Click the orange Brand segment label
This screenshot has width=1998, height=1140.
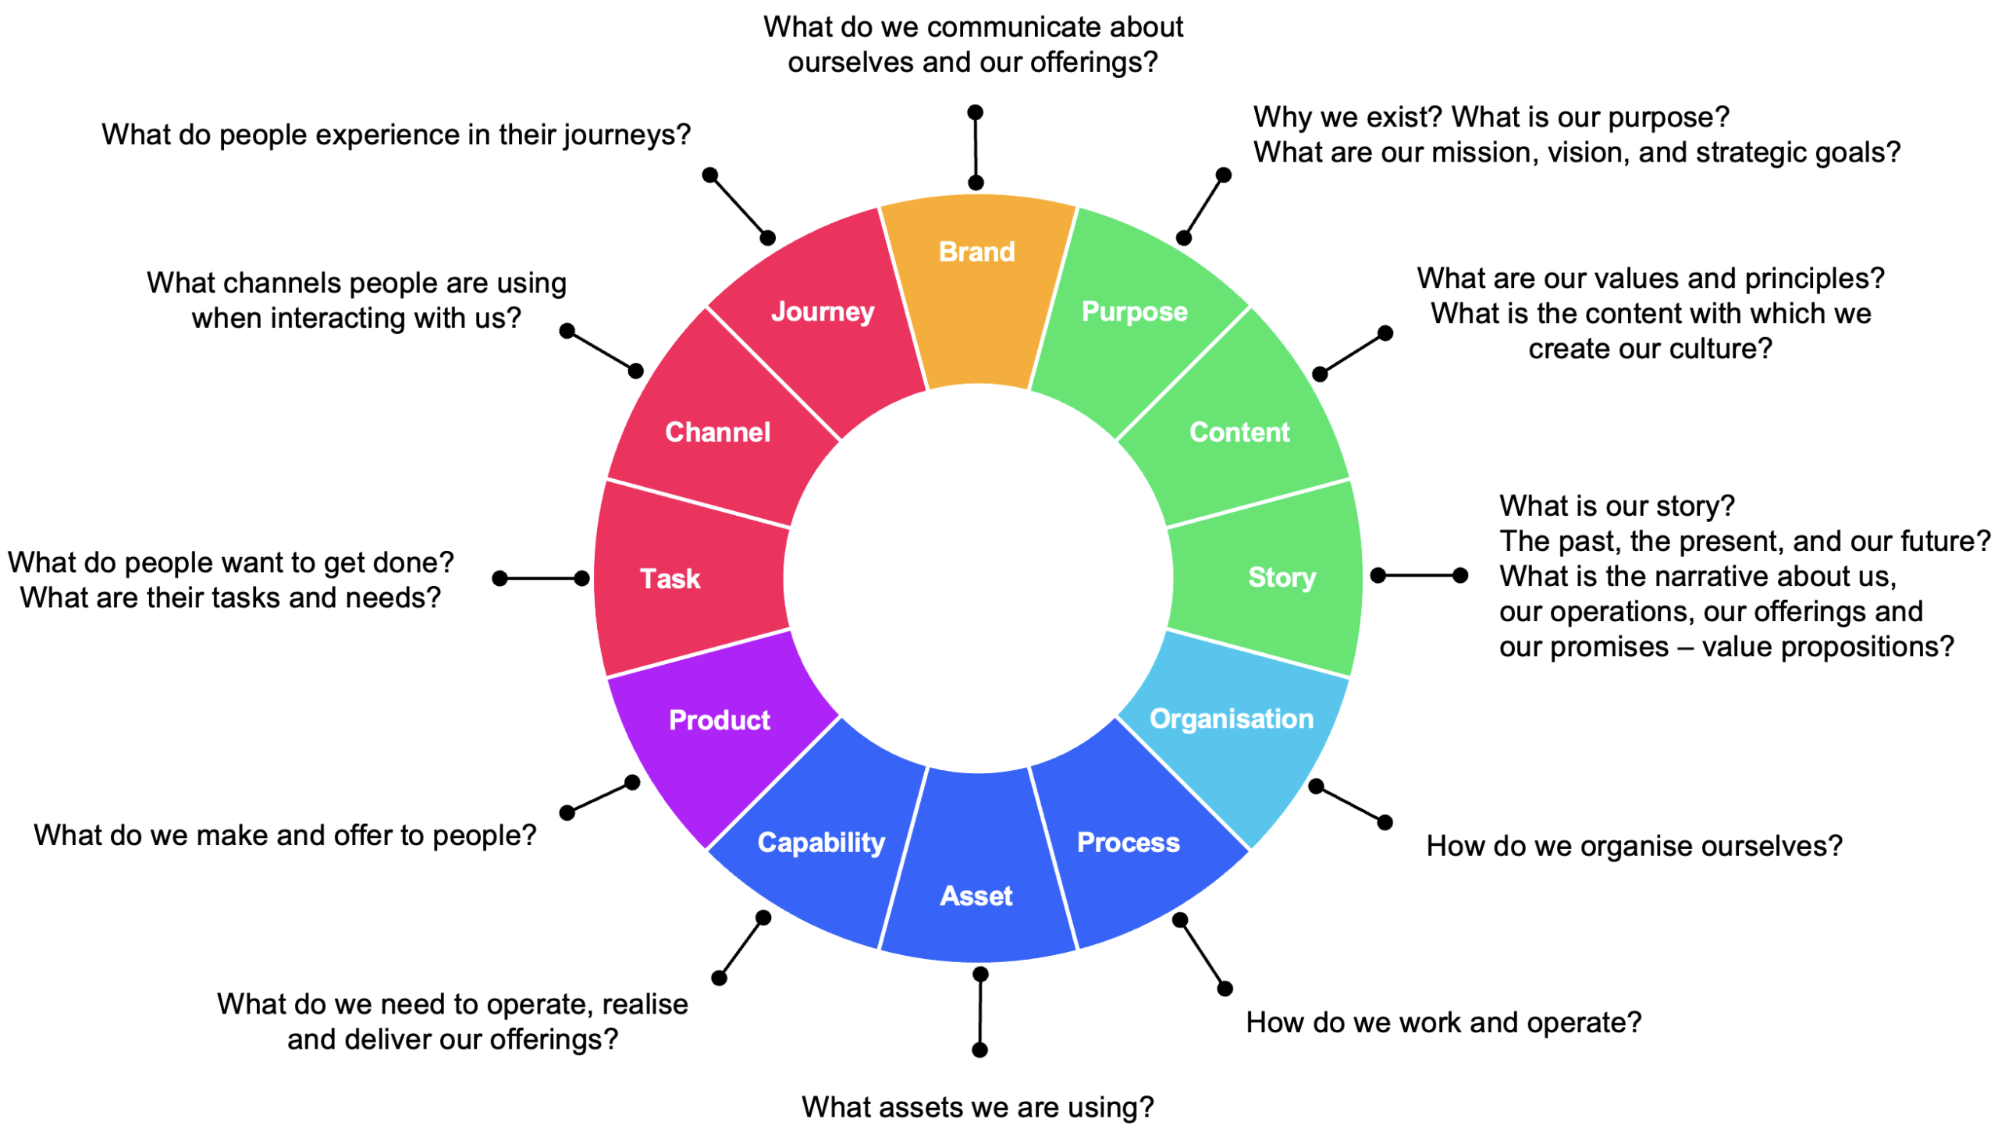click(976, 251)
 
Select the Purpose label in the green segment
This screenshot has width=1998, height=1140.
click(1134, 311)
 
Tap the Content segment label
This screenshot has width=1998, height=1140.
click(1239, 432)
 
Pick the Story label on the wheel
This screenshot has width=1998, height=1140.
click(1281, 578)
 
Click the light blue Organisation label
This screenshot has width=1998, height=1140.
click(1231, 719)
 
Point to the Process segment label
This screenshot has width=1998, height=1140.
click(1128, 843)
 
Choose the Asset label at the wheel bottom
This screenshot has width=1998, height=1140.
click(976, 896)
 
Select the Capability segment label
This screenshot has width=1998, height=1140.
click(820, 843)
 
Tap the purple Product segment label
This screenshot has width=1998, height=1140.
click(719, 720)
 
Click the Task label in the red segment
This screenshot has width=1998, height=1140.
click(670, 579)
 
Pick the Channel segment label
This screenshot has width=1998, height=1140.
click(717, 432)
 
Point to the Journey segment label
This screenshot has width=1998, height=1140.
click(822, 311)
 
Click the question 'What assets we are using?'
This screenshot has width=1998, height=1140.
click(977, 1107)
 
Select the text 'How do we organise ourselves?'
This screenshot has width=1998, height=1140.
click(1634, 847)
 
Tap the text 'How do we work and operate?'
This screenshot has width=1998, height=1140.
click(1443, 1022)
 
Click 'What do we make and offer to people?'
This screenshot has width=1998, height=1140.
click(285, 836)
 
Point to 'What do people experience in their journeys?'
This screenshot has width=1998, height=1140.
click(396, 135)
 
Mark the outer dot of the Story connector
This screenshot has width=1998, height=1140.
click(1459, 576)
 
